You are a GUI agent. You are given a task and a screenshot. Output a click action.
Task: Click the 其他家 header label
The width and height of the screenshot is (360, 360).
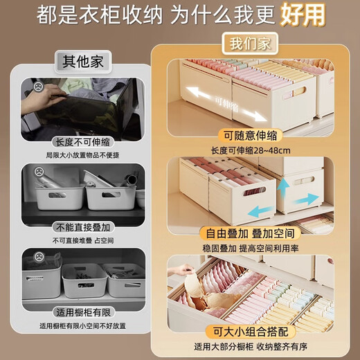click(83, 61)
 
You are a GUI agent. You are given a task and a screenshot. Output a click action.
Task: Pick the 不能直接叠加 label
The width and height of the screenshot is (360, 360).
click(83, 226)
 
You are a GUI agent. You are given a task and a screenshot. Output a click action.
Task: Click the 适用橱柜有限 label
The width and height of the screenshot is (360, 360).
click(83, 312)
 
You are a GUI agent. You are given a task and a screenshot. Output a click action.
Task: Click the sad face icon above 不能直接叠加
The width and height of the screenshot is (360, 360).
click(39, 171)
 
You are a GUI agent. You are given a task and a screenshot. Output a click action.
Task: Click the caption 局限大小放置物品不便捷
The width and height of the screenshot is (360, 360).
click(83, 154)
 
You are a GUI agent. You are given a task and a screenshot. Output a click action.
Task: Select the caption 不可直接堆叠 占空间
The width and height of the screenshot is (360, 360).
click(83, 240)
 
